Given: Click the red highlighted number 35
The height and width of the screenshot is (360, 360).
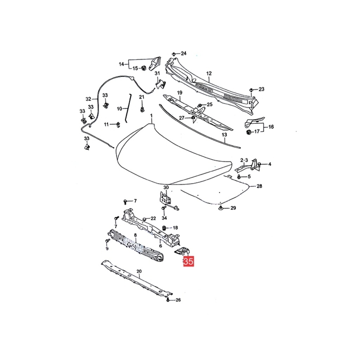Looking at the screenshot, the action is coord(188,261).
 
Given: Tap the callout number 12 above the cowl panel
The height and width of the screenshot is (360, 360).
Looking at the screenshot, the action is coord(209,73).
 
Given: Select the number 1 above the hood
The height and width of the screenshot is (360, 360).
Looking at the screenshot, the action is coord(151,115).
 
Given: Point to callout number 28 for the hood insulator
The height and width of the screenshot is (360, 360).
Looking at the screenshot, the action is coord(259,186).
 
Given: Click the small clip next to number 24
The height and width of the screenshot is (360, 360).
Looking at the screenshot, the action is coord(174,54).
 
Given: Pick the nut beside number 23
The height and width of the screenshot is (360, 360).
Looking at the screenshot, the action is coord(251,90).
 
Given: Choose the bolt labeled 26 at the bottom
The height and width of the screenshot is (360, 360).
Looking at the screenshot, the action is coord(168,300).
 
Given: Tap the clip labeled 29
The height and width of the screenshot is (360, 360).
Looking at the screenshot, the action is coord(221,208).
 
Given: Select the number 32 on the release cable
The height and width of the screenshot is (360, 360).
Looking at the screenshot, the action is coord(88,99).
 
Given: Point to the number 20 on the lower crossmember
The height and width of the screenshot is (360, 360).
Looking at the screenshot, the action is coord(139,271).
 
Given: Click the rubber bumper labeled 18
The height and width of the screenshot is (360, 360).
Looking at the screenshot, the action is coord(164,228).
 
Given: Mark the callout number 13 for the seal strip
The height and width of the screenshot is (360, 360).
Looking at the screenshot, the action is coord(224,135).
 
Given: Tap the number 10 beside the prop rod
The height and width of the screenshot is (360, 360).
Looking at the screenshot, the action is coord(120,109).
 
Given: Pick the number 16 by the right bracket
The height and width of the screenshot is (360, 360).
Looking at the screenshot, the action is coord(271,127).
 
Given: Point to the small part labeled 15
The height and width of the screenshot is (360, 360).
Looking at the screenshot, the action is coord(144,68).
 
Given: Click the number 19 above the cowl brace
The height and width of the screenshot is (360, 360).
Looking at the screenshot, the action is coord(180,93).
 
